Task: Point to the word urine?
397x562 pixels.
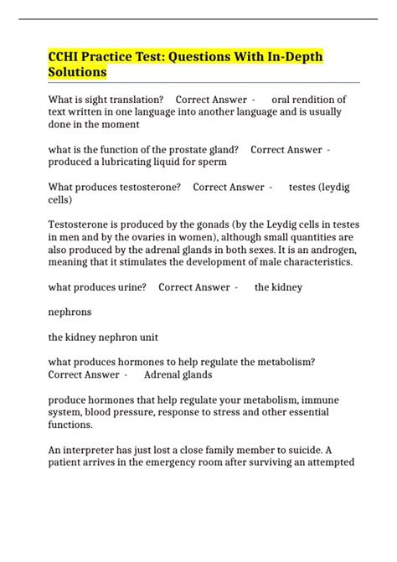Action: coord(129,287)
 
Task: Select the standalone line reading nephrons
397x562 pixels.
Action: coord(70,312)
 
